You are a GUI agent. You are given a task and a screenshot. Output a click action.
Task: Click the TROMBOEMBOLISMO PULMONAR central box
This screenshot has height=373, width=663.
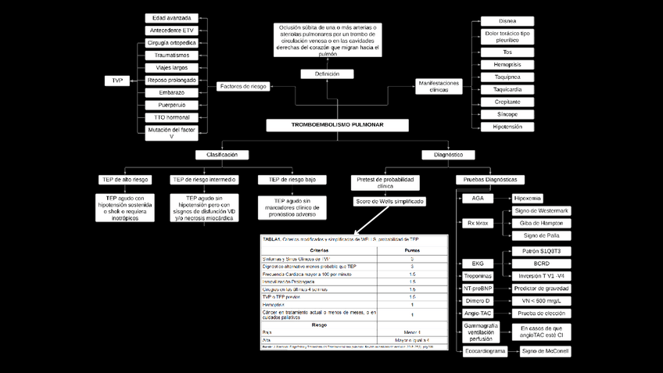pyautogui.click(x=337, y=125)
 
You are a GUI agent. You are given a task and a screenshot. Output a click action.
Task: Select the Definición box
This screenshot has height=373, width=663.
pyautogui.click(x=327, y=74)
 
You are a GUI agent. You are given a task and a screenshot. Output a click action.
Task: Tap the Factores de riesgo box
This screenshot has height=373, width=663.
pyautogui.click(x=243, y=86)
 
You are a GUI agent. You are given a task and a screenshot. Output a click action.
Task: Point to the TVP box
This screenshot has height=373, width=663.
pyautogui.click(x=117, y=81)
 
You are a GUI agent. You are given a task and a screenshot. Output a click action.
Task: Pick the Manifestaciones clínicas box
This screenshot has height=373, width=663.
pyautogui.click(x=439, y=86)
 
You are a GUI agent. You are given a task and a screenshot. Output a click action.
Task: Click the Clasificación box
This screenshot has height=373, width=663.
pyautogui.click(x=222, y=155)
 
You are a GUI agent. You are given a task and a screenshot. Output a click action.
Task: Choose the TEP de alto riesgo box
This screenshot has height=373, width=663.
pyautogui.click(x=125, y=179)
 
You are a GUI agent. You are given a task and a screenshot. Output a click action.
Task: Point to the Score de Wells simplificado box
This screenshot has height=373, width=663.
pyautogui.click(x=390, y=201)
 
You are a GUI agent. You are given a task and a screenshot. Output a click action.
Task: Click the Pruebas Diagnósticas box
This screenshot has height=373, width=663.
pyautogui.click(x=492, y=179)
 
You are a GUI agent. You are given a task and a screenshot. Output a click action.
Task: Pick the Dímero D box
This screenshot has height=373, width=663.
pyautogui.click(x=477, y=300)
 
